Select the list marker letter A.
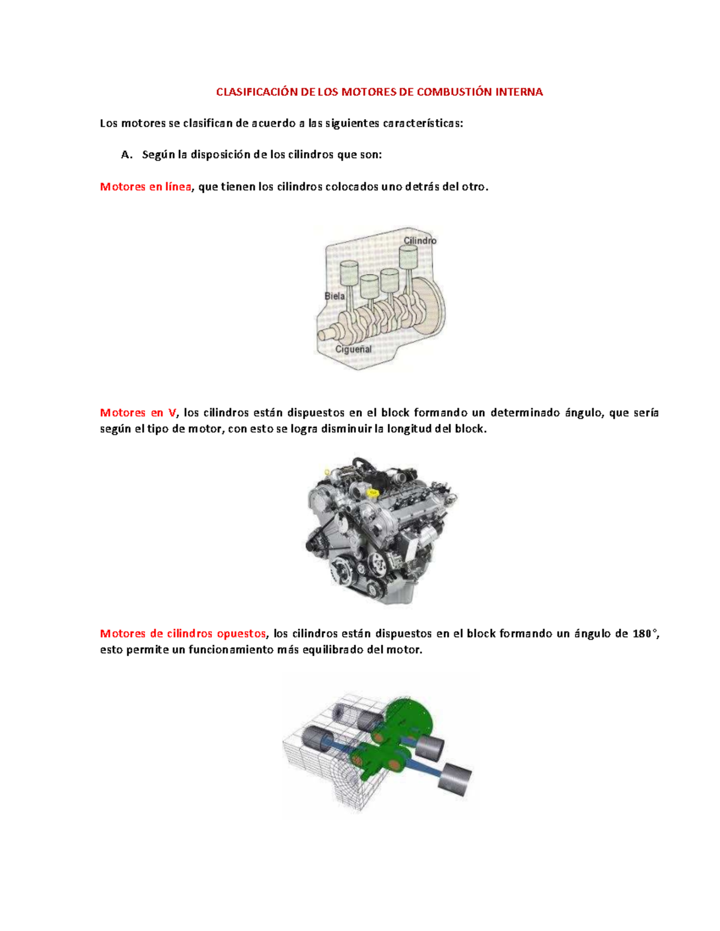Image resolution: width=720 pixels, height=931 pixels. (x=126, y=155)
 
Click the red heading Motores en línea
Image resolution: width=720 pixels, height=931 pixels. (x=145, y=186)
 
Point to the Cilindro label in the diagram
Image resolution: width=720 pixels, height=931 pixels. (x=420, y=240)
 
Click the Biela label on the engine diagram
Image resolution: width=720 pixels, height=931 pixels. (x=334, y=296)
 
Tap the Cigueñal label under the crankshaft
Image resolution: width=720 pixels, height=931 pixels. (x=353, y=349)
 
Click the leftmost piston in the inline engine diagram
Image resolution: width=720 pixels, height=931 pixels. (x=349, y=273)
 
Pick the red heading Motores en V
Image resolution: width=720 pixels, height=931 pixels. (x=139, y=412)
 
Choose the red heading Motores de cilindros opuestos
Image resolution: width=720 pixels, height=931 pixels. (x=182, y=634)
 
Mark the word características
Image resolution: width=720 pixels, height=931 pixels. (x=423, y=123)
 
